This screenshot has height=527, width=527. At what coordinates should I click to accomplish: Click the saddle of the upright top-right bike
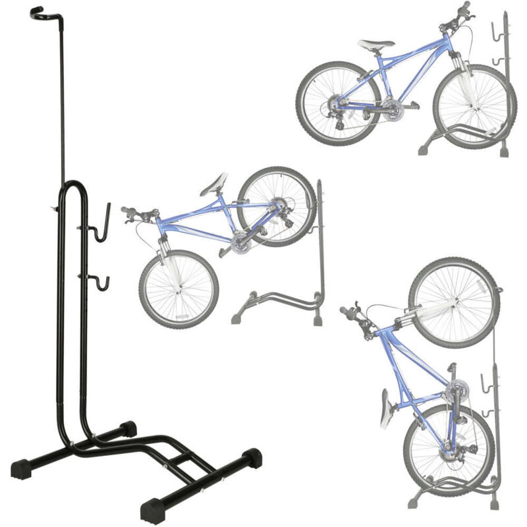click(x=376, y=45)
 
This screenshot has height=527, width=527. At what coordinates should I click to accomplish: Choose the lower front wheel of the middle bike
click(x=178, y=290)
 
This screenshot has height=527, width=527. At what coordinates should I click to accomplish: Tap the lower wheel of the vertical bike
click(x=448, y=448)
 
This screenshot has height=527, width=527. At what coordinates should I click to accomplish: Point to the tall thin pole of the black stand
click(x=64, y=99)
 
